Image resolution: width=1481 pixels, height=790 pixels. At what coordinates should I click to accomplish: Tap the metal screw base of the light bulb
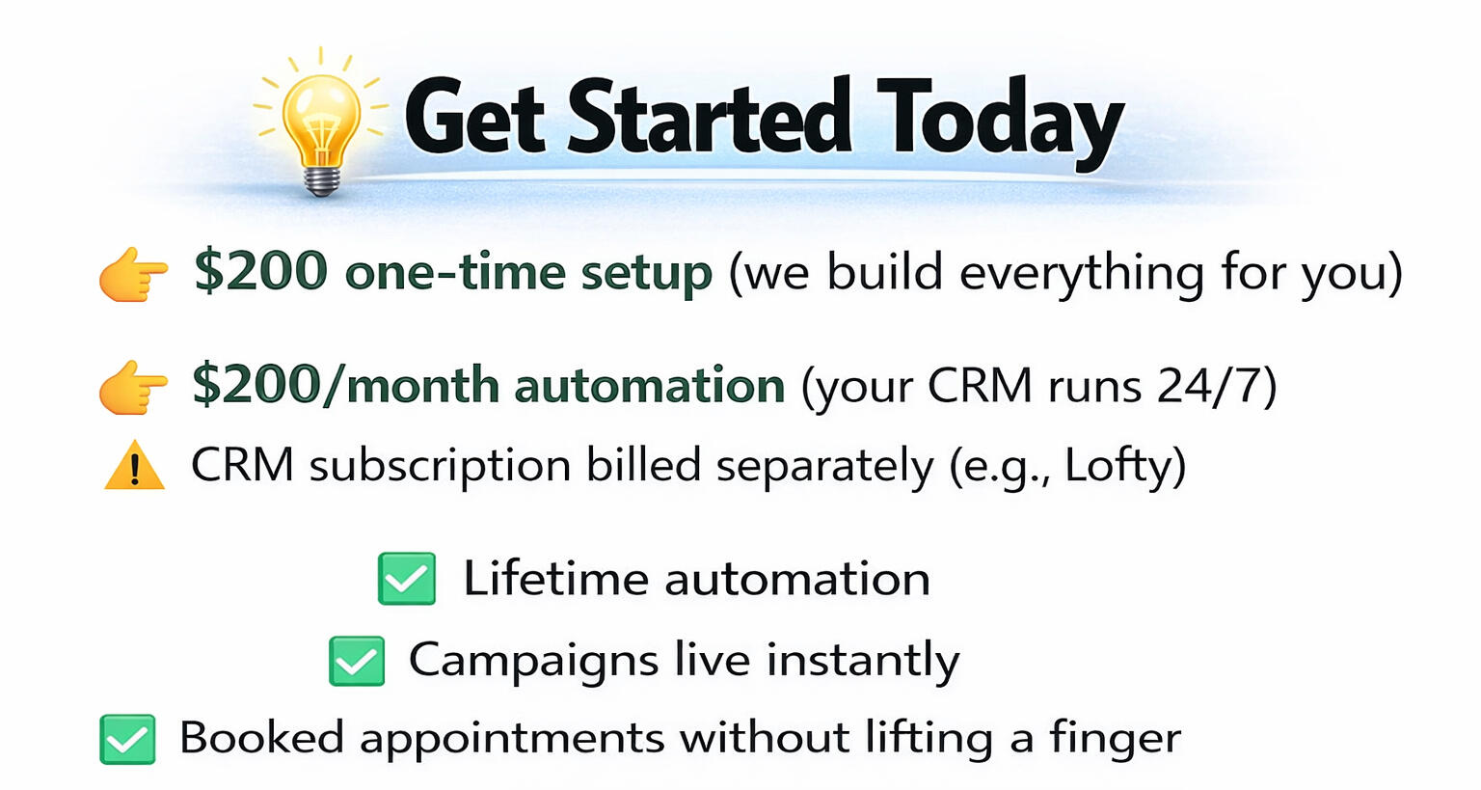click(322, 180)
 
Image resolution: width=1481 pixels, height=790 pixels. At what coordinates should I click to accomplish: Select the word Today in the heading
click(999, 123)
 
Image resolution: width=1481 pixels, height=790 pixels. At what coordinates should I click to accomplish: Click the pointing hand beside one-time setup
click(134, 275)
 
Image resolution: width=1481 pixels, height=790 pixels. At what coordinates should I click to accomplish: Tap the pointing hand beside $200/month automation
click(134, 388)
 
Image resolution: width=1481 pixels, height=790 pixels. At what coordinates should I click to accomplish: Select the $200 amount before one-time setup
click(261, 271)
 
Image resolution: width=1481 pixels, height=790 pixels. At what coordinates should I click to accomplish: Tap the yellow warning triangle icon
click(134, 465)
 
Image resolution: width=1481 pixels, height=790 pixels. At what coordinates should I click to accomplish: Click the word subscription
click(440, 468)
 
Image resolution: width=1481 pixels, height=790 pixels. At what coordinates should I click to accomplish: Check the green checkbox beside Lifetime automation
click(407, 579)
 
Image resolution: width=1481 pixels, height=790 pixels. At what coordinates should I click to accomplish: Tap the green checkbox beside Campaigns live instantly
click(357, 661)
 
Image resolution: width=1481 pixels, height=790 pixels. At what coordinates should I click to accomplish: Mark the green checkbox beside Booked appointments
click(127, 740)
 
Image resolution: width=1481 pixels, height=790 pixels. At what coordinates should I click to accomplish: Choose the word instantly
click(863, 661)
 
